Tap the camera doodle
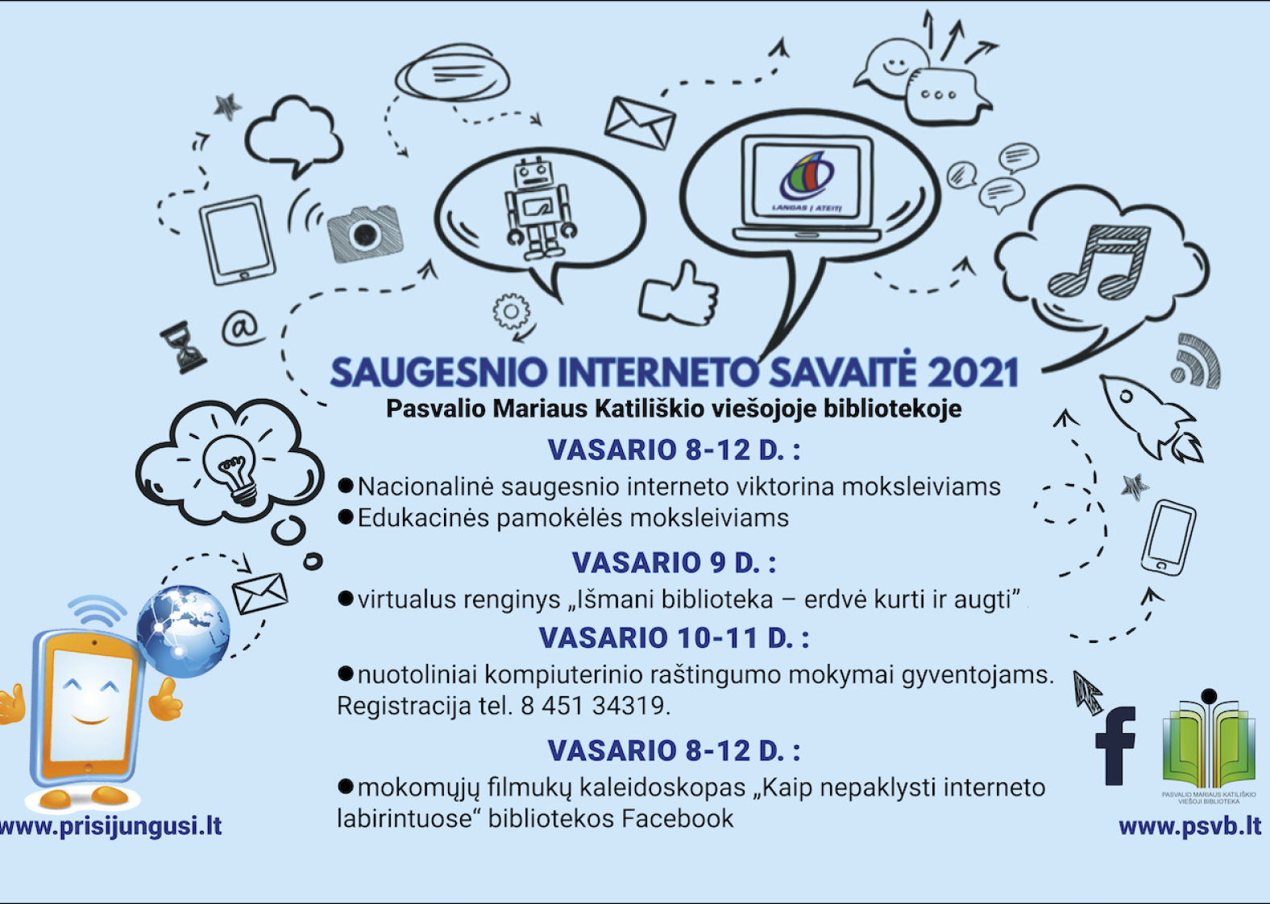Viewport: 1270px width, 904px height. click(x=364, y=234)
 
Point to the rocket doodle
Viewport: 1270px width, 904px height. click(x=1151, y=417)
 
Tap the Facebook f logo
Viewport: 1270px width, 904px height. click(x=1115, y=746)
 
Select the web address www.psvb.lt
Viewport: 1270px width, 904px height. click(x=1190, y=827)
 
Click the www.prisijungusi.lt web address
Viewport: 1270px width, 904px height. click(x=110, y=827)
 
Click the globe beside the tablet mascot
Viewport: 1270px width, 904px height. click(x=183, y=631)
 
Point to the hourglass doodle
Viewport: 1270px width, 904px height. click(x=183, y=347)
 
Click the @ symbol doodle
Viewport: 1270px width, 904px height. click(x=242, y=328)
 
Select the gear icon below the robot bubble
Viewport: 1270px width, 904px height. click(x=512, y=311)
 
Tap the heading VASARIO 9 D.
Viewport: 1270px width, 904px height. click(x=674, y=563)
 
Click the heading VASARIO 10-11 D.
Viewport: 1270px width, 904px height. click(x=674, y=638)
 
